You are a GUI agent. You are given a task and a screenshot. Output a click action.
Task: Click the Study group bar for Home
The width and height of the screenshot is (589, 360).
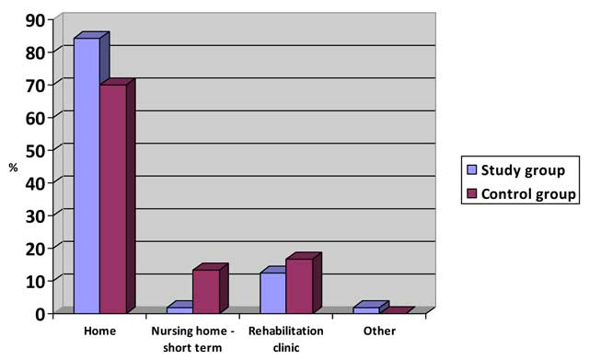tap(87, 175)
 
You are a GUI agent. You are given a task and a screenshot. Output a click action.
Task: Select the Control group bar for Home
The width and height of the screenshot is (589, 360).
tap(112, 198)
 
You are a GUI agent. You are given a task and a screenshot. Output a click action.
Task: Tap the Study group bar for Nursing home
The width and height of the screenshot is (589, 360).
tap(179, 309)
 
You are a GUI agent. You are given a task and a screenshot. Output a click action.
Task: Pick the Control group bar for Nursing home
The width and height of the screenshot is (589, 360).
tap(205, 291)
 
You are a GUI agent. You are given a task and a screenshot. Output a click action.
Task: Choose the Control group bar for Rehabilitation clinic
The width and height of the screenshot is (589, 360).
tap(299, 285)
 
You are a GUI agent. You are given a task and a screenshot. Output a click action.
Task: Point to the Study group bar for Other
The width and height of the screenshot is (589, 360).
tap(365, 309)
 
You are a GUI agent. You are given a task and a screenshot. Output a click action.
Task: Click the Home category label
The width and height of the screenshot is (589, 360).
tap(99, 330)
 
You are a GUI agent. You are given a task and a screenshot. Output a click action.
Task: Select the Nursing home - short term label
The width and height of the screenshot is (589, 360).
tap(191, 337)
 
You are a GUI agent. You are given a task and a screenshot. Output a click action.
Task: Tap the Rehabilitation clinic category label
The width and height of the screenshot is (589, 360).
tap(285, 337)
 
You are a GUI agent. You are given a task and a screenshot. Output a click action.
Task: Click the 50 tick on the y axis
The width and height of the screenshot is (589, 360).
tap(34, 147)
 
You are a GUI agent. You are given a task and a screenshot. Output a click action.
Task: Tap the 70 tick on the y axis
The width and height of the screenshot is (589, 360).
tap(34, 84)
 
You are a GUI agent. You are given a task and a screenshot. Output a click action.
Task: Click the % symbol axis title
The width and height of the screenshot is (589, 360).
tap(13, 168)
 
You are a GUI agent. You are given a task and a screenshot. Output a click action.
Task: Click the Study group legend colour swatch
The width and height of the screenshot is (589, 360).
tap(472, 169)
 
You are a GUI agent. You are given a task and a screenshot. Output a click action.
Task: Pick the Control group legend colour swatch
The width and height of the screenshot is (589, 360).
tap(472, 193)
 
